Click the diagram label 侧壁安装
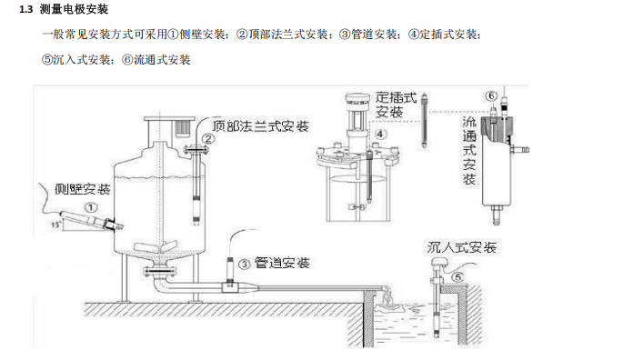click(x=82, y=189)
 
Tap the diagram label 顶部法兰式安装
click(x=259, y=125)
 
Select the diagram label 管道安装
click(x=282, y=264)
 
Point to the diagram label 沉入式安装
click(x=462, y=247)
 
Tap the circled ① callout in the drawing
click(x=91, y=207)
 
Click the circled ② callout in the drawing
click(x=207, y=139)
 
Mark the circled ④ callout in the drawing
click(x=381, y=134)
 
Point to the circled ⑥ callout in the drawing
click(x=491, y=95)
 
